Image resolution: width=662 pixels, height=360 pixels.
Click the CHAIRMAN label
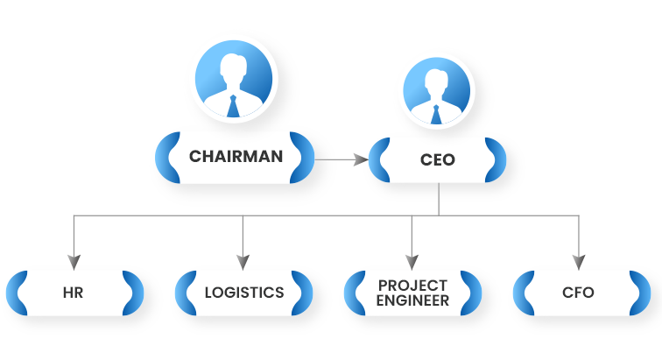pyautogui.click(x=236, y=158)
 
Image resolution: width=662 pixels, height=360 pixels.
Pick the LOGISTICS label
pyautogui.click(x=243, y=293)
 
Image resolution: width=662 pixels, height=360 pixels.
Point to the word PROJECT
pyautogui.click(x=412, y=286)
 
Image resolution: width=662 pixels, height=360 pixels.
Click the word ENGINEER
pyautogui.click(x=412, y=300)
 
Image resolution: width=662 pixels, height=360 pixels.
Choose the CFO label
pyautogui.click(x=579, y=293)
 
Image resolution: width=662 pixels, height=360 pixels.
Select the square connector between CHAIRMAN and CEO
pyautogui.click(x=357, y=159)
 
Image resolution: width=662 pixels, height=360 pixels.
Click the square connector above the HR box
pyautogui.click(x=74, y=259)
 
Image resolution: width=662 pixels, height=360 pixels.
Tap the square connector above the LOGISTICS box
pyautogui.click(x=243, y=259)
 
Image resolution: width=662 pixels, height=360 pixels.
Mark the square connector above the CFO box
pyautogui.click(x=578, y=259)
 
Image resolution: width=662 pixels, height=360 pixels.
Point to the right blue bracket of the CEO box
pyautogui.click(x=496, y=160)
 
